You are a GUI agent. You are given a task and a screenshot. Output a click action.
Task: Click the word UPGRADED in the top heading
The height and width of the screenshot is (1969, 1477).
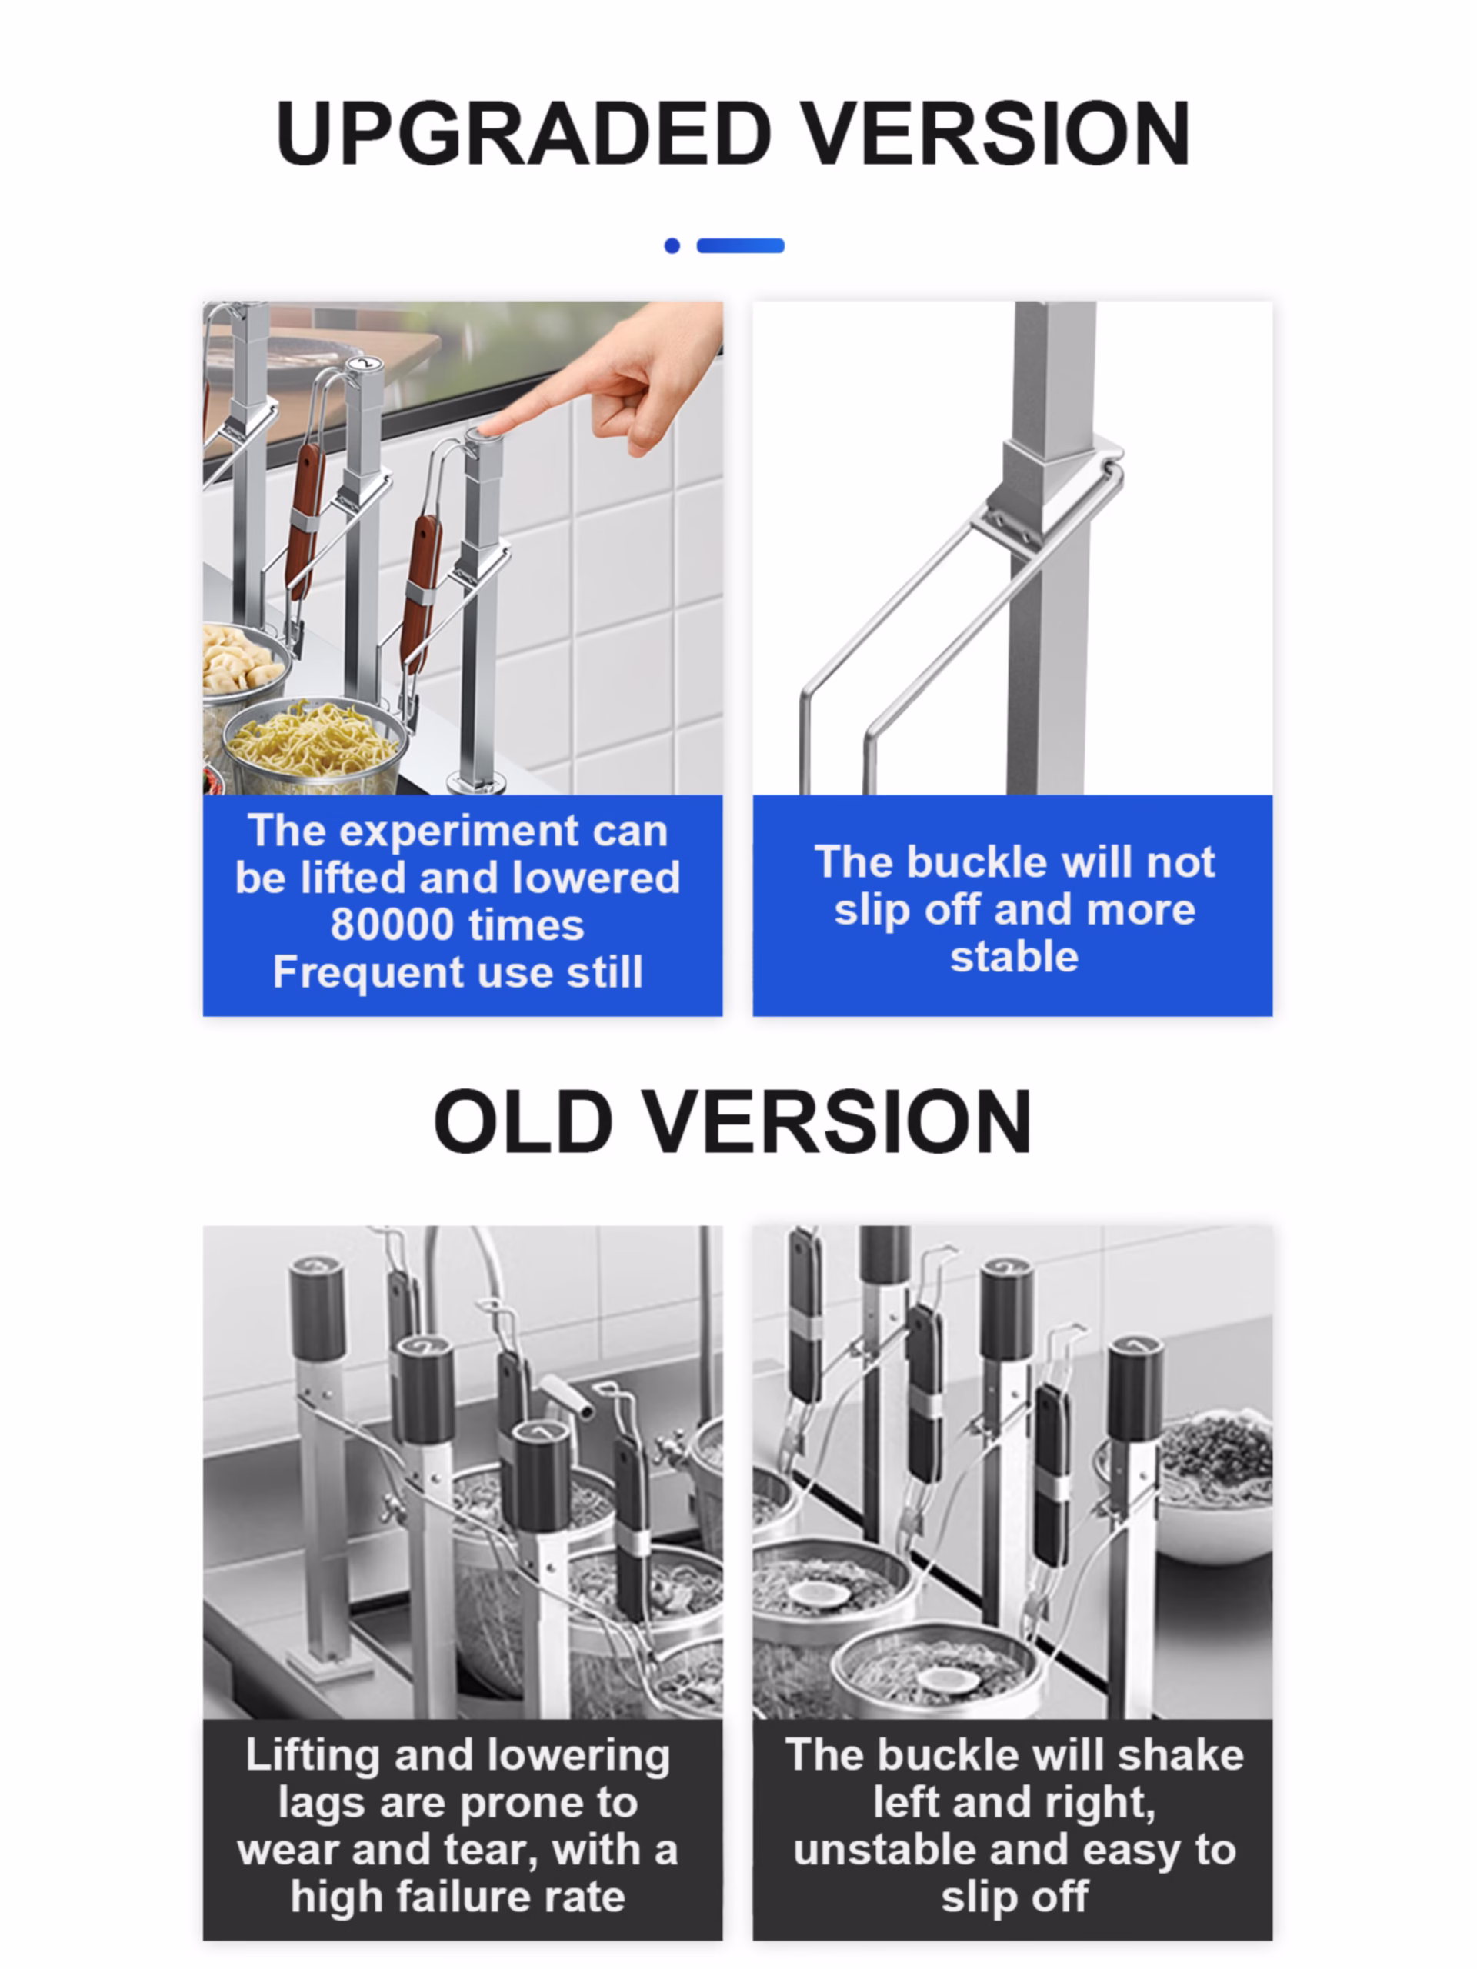(524, 134)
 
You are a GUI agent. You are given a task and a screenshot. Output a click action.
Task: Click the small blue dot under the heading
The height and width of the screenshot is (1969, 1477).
(672, 245)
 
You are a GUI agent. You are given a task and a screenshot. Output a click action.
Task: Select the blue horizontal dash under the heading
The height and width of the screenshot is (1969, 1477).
(740, 245)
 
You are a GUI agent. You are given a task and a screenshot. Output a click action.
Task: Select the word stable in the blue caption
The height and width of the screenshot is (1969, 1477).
(1014, 957)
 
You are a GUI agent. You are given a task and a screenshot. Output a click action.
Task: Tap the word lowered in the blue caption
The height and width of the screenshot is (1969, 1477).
(595, 878)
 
